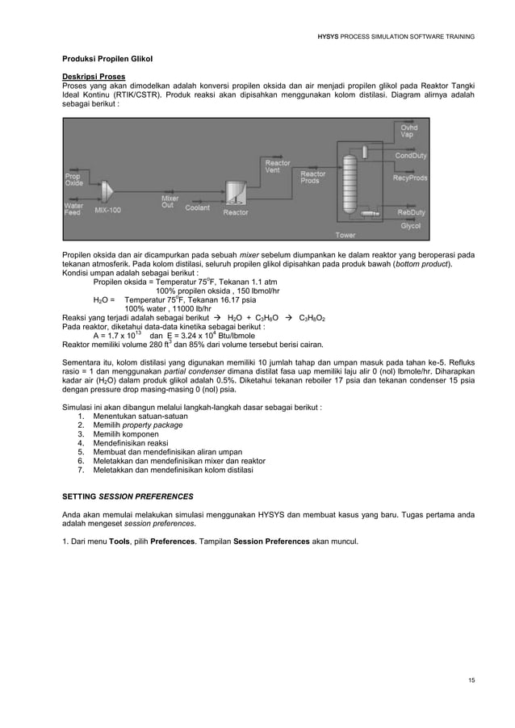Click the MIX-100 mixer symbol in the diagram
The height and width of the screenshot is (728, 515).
point(111,190)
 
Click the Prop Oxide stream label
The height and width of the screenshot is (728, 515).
point(74,179)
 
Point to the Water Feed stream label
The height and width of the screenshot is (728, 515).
point(73,208)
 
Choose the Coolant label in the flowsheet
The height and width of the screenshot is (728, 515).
point(197,207)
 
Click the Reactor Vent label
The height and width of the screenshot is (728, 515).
point(278,166)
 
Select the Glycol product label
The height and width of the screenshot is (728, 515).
point(411,226)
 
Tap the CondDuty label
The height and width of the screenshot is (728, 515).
point(411,155)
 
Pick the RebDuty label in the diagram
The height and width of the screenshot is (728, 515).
point(410,212)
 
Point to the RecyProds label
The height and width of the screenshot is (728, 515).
point(411,178)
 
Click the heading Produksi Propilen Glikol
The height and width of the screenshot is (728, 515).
point(107,60)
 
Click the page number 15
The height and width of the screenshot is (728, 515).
point(471,680)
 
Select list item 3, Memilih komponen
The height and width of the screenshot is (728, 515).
point(124,433)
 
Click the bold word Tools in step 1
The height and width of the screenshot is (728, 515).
point(119,541)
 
